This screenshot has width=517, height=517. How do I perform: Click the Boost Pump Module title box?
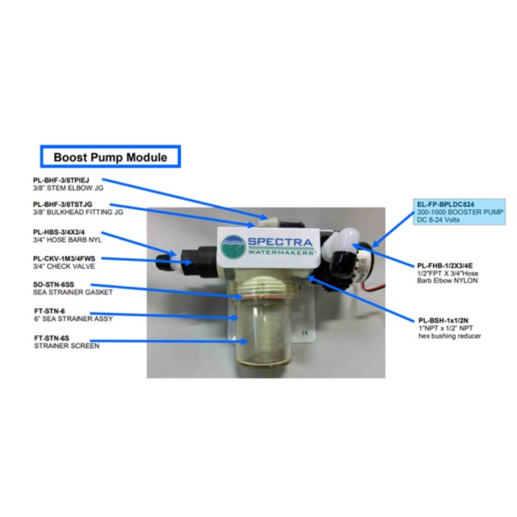[111, 156]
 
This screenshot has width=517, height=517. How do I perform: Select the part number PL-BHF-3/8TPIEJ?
[61, 180]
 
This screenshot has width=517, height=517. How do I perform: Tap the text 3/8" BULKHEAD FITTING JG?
[78, 212]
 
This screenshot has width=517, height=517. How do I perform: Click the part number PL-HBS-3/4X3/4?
[59, 232]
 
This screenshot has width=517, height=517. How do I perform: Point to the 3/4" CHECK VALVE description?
[64, 267]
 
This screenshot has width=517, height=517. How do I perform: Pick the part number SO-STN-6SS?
[53, 284]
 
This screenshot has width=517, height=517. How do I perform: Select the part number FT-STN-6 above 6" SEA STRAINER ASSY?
[49, 311]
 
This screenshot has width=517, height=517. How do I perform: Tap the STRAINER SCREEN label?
[66, 346]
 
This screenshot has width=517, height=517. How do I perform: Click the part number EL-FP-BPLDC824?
[445, 204]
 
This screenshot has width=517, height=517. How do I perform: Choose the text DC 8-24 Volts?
[438, 220]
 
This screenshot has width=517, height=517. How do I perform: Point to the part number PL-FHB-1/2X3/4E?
[445, 266]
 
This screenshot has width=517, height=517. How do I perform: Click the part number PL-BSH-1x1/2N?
[443, 321]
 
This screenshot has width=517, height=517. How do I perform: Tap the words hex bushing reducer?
[449, 336]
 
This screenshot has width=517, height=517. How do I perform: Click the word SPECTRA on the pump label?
[280, 242]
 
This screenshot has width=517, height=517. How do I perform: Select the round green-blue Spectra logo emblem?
[233, 246]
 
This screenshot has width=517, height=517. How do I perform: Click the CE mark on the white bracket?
[305, 333]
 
